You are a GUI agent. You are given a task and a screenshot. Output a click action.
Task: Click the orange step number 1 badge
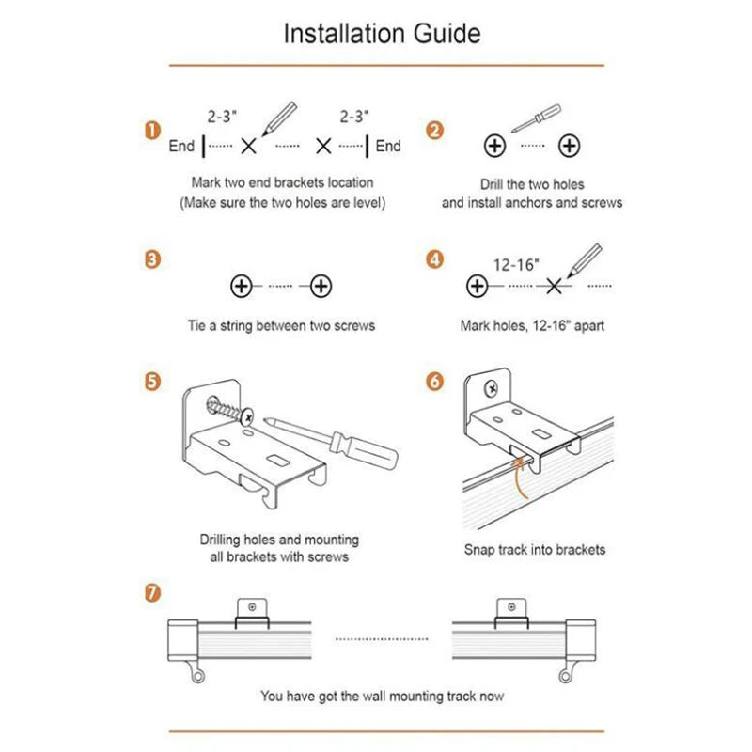pyautogui.click(x=152, y=131)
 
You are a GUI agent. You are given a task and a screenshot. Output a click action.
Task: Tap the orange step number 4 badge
pyautogui.click(x=434, y=260)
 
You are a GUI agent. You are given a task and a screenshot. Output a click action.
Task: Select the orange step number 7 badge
pyautogui.click(x=152, y=593)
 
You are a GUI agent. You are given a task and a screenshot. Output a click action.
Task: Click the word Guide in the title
pyautogui.click(x=447, y=34)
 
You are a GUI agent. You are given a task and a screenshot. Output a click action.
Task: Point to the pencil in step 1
pyautogui.click(x=279, y=118)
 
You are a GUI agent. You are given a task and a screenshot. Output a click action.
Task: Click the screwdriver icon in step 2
pyautogui.click(x=536, y=118)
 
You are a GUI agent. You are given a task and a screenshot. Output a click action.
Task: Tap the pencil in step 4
pyautogui.click(x=584, y=260)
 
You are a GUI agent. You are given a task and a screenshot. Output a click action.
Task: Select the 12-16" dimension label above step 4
pyautogui.click(x=516, y=265)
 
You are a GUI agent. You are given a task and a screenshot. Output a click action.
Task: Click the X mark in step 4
pyautogui.click(x=554, y=287)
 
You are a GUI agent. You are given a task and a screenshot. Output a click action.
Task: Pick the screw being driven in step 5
pyautogui.click(x=229, y=410)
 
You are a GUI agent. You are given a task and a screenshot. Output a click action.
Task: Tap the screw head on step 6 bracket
pyautogui.click(x=491, y=388)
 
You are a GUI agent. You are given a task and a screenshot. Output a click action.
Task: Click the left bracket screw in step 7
pyautogui.click(x=252, y=607)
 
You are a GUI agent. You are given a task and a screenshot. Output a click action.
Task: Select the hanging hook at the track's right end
pyautogui.click(x=568, y=671)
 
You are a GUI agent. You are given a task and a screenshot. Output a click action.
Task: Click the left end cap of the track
pyautogui.click(x=182, y=640)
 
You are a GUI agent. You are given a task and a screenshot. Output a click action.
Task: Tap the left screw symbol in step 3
pyautogui.click(x=242, y=287)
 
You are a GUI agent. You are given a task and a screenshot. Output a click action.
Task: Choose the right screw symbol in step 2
pyautogui.click(x=570, y=146)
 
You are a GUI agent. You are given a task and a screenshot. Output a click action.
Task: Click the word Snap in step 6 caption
pyautogui.click(x=479, y=550)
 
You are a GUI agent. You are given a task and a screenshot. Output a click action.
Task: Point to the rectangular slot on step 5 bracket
pyautogui.click(x=277, y=461)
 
